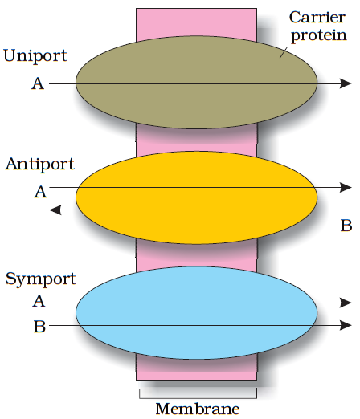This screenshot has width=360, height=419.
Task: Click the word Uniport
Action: pos(35,57)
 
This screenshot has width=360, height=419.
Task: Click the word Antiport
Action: pos(39,165)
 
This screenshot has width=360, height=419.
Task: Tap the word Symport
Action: pos(40,279)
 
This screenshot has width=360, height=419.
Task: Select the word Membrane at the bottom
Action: pos(197,409)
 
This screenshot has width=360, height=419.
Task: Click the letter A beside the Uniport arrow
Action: pos(38,83)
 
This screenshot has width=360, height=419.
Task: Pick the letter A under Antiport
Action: pos(39,191)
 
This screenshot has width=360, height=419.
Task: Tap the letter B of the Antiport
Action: pos(346,226)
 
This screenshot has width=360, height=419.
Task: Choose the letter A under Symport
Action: pos(39,302)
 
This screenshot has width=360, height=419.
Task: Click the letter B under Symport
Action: pos(39,326)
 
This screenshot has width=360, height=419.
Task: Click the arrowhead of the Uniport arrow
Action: pos(346,83)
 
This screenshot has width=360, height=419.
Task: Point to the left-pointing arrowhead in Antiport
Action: pos(55,209)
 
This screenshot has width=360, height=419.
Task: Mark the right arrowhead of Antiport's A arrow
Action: pos(346,188)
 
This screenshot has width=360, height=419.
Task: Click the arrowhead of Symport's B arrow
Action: pos(346,325)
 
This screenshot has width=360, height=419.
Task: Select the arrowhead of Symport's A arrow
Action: pos(346,303)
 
